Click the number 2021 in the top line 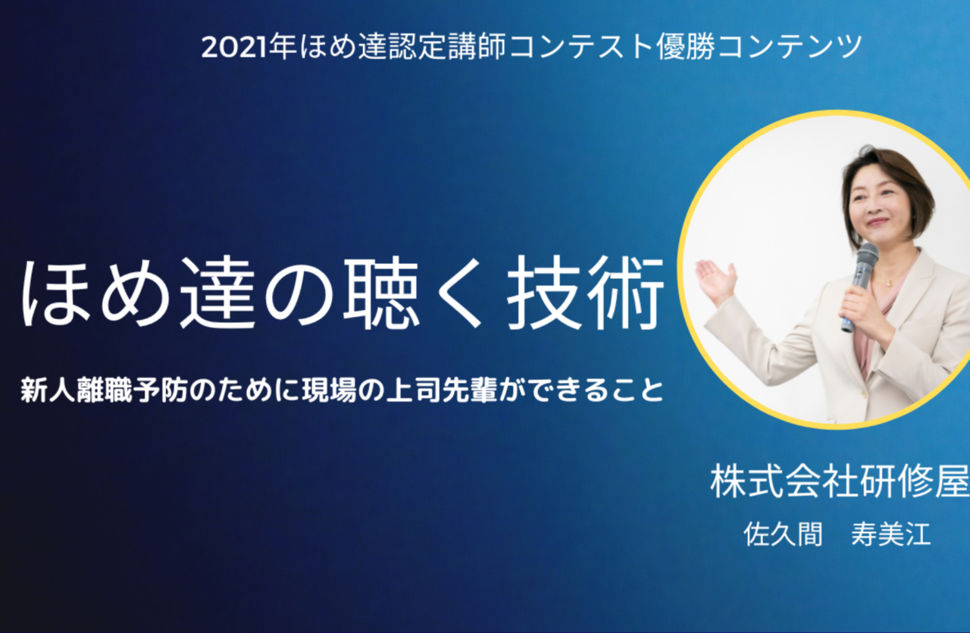click(x=234, y=47)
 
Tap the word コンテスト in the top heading click(x=580, y=47)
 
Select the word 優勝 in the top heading click(x=686, y=47)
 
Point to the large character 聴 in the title click(x=381, y=293)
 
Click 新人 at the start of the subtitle click(x=48, y=390)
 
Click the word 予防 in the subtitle click(x=160, y=390)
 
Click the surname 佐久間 click(x=783, y=534)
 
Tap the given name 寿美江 click(x=890, y=534)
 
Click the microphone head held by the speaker click(x=867, y=255)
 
